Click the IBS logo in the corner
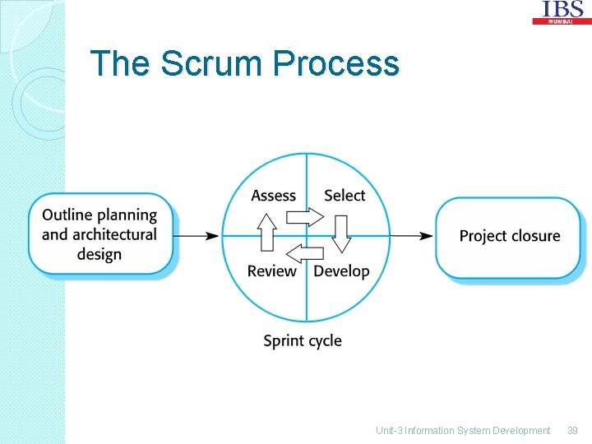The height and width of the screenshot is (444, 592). (x=562, y=12)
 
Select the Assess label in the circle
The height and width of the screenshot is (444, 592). (x=273, y=196)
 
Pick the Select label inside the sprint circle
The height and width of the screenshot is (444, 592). (x=344, y=196)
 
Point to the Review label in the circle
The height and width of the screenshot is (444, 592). (x=271, y=271)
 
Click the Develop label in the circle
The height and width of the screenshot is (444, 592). (x=342, y=271)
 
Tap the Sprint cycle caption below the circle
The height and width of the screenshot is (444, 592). (x=302, y=340)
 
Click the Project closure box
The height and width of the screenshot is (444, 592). (x=509, y=237)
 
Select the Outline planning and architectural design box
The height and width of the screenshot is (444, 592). (x=100, y=234)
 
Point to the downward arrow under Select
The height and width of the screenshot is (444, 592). (x=341, y=234)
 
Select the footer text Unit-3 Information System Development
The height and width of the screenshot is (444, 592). (x=462, y=431)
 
